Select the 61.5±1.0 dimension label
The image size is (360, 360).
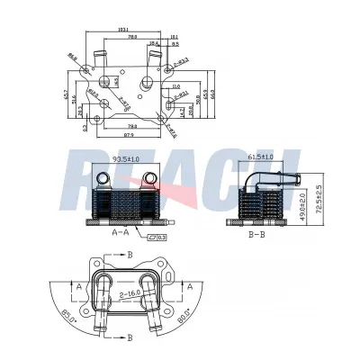261,158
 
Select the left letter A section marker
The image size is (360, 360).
80,285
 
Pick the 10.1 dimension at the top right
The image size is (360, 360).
174,37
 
